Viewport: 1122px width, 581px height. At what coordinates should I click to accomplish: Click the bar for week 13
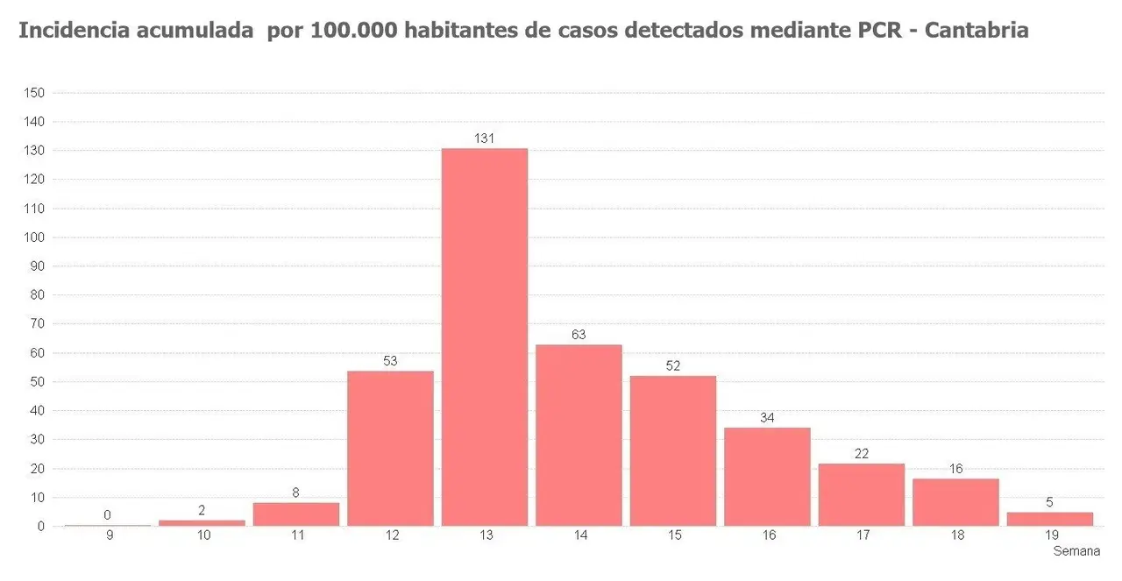pos(485,337)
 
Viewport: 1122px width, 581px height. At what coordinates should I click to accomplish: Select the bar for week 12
pos(390,448)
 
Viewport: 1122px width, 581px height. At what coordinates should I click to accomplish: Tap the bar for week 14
pos(579,435)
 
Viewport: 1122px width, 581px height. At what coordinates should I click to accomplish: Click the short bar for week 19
pos(1049,519)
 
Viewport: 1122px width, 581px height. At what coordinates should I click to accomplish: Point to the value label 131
pos(485,138)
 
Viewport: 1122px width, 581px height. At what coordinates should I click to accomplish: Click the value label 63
pos(579,334)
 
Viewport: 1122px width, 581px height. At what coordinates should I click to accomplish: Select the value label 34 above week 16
pos(767,417)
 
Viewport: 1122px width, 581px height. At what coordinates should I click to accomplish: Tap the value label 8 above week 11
pos(296,492)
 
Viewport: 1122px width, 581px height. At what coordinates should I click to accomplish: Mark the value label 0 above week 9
pos(108,515)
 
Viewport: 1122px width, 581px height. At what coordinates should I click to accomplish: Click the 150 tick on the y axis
pos(35,93)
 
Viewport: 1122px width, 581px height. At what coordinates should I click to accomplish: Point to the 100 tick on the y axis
pos(35,237)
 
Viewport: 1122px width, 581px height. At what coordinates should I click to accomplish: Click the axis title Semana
pos(1076,551)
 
